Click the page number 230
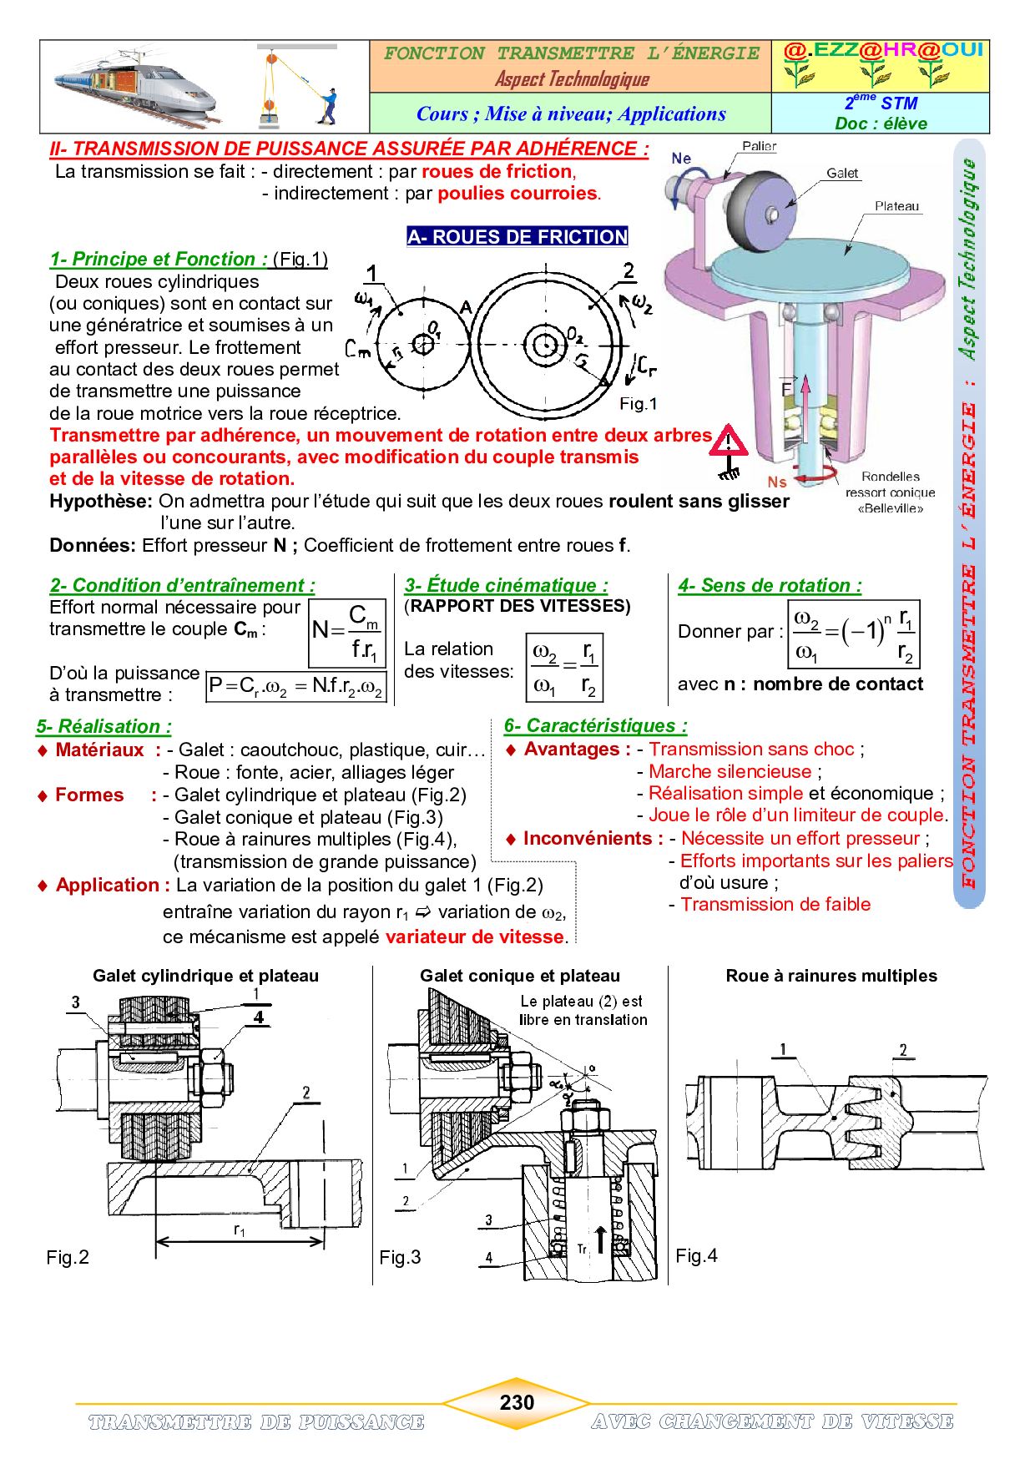tap(517, 1401)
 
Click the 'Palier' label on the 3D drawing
tap(759, 146)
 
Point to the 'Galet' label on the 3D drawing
tap(841, 173)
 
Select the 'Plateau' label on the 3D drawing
tap(896, 205)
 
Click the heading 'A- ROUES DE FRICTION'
tap(517, 237)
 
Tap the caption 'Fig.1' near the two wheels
tap(639, 404)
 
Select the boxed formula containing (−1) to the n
tap(854, 634)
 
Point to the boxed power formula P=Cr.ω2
tap(296, 686)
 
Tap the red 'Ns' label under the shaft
tap(777, 482)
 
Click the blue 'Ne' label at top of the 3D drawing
tap(681, 158)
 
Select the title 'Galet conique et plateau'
tap(519, 976)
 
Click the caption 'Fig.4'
tap(696, 1255)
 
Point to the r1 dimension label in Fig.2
tap(240, 1230)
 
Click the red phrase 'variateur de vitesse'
tap(474, 936)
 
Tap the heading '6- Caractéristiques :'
tap(595, 725)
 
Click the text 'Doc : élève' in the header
tap(881, 124)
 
